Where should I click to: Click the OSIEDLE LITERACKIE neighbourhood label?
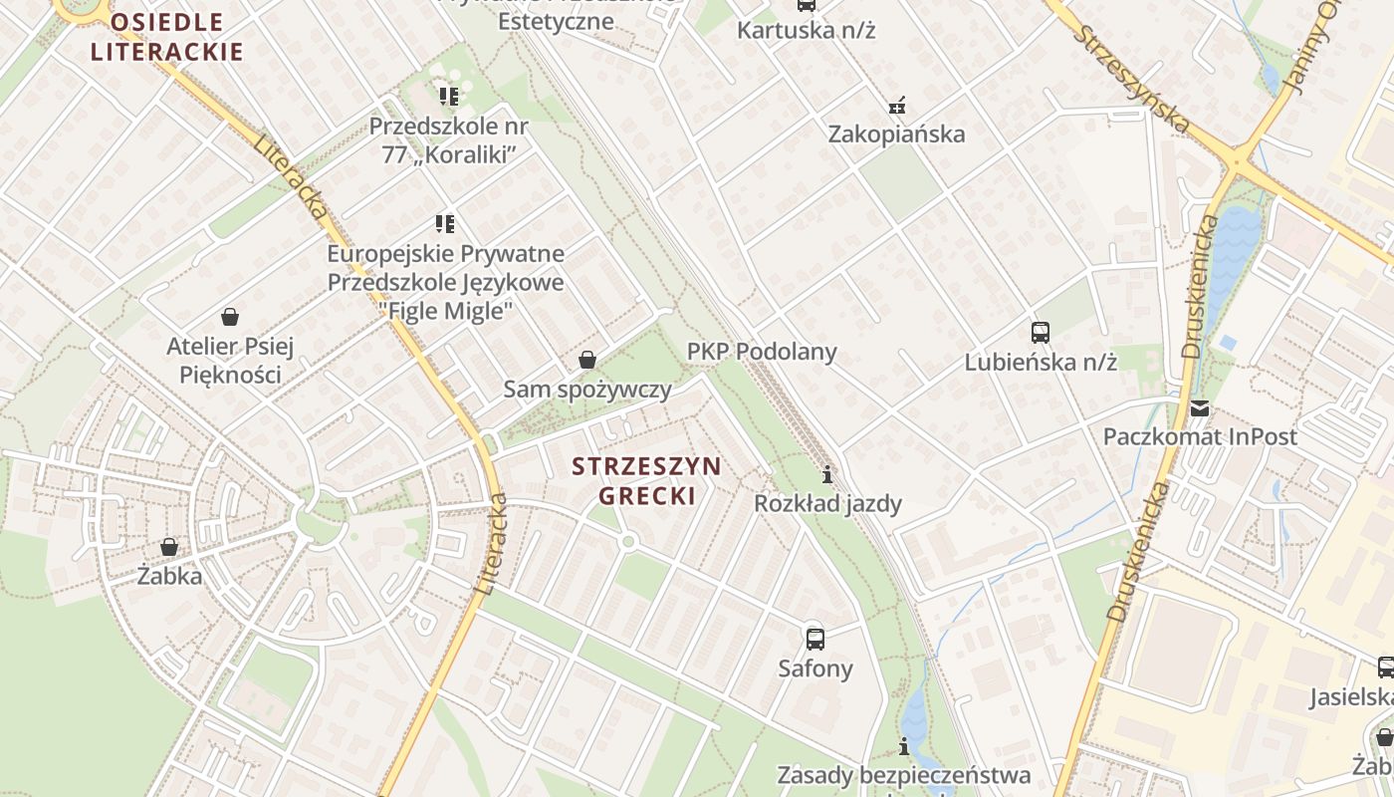[x=167, y=37]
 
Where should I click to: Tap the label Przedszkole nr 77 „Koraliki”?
[x=448, y=140]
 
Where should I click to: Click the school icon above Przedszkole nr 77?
[x=448, y=97]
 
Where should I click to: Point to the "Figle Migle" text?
[x=446, y=310]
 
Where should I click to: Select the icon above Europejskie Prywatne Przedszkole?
[x=445, y=224]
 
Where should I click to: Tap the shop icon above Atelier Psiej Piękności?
[x=230, y=317]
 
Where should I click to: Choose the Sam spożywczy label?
[x=587, y=390]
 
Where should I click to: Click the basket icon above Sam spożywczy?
[x=587, y=359]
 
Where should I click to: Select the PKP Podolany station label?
[x=762, y=352]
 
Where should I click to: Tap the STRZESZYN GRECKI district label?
[x=647, y=481]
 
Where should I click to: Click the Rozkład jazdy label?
[x=827, y=504]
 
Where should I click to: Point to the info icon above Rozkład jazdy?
[x=826, y=473]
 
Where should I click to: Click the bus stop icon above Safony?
[x=815, y=639]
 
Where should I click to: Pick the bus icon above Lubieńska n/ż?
[x=1041, y=332]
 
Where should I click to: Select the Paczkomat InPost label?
[x=1200, y=437]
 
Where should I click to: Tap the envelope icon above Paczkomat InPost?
[x=1200, y=408]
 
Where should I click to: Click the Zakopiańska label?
[x=897, y=134]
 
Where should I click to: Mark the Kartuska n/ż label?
[x=806, y=30]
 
